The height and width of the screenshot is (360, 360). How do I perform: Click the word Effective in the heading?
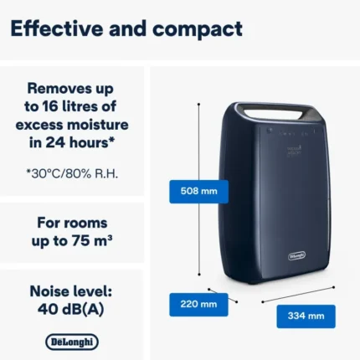[57, 28]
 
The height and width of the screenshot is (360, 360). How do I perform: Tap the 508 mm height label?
[198, 192]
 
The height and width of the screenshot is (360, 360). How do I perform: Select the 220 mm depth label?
[198, 304]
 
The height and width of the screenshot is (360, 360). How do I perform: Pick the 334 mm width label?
[306, 316]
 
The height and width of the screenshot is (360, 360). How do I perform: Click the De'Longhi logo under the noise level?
[72, 342]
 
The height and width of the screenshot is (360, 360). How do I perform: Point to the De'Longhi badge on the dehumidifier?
[296, 255]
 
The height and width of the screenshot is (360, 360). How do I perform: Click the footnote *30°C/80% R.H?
[72, 174]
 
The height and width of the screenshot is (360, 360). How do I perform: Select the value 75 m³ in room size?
[92, 241]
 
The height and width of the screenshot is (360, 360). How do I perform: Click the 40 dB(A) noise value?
[71, 309]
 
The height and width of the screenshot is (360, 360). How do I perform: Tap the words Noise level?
[71, 291]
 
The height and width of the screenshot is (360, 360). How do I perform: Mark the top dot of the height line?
[198, 104]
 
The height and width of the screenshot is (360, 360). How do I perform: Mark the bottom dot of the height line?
[199, 275]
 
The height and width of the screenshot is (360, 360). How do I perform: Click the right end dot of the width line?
[334, 287]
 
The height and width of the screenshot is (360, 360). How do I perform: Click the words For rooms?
[72, 223]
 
